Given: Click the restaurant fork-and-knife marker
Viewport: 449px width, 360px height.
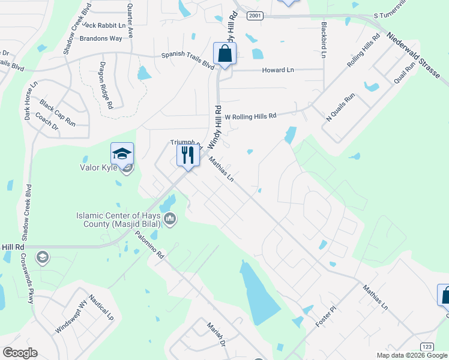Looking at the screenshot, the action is (188, 155).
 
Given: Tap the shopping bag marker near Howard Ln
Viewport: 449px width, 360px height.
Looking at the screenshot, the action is (224, 53).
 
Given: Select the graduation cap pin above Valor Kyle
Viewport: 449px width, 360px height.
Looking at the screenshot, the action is (122, 154).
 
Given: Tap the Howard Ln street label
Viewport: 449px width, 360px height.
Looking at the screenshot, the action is (278, 70).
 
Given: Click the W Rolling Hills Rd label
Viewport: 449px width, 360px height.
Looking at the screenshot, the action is (251, 116).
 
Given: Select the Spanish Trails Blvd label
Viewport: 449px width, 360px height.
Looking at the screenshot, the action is (188, 59).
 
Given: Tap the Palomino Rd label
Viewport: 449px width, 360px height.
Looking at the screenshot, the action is (149, 245).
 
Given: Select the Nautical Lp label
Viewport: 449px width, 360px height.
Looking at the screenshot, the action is (101, 306).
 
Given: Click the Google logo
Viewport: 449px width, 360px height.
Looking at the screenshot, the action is (20, 352).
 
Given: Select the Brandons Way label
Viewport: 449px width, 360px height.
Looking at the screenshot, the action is (101, 38).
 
